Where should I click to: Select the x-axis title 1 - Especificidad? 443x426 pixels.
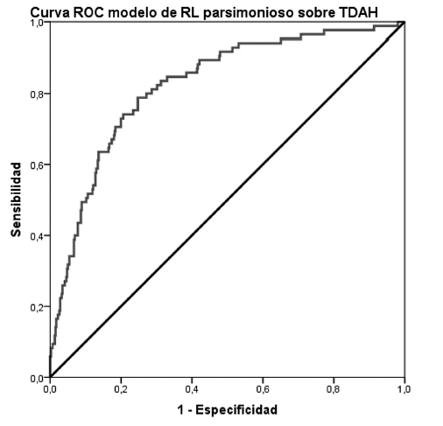226,409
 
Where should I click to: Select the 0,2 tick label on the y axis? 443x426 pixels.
36,307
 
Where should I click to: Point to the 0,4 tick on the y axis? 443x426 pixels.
36,236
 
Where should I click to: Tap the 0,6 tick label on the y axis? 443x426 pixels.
36,164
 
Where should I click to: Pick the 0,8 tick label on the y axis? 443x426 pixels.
36,94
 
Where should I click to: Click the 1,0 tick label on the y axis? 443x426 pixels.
36,23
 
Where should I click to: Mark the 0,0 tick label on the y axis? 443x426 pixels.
36,378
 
